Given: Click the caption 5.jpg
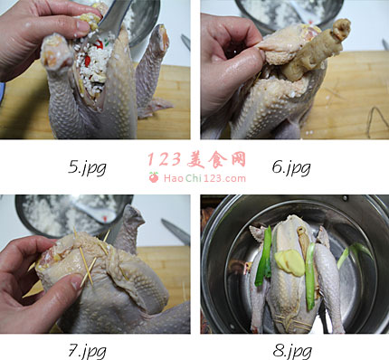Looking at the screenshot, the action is coord(87,167).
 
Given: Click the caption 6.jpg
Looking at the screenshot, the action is coord(291,167).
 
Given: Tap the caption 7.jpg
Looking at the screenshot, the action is coord(87,351).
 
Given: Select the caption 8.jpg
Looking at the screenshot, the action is coord(292,352).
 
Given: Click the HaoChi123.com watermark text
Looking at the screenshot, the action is coord(204,178).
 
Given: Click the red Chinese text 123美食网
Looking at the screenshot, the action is coord(197,159).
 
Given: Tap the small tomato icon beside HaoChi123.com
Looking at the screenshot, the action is coord(154,177).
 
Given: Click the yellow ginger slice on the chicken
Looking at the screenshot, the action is coord(289,262).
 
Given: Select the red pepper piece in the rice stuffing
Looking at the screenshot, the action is coord(88,62).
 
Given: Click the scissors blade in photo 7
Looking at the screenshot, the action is coord(176,232).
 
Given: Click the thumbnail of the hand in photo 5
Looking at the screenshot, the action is coord(83,26).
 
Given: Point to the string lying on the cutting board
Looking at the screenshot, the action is coord(377,120).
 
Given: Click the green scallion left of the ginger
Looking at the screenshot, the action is coord(265,256).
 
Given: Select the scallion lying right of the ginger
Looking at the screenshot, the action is coord(310,277).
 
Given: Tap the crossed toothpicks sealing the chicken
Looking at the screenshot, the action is coord(88,265).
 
